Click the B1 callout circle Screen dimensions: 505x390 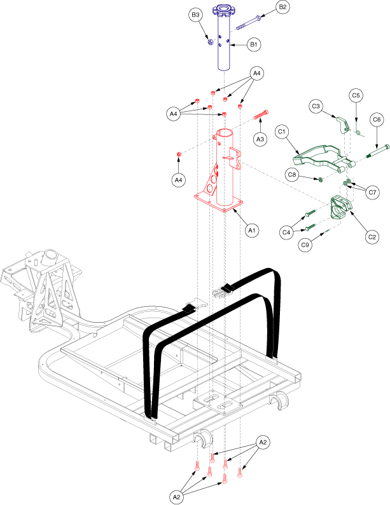[x=253, y=44]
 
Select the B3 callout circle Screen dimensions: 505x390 [x=196, y=14]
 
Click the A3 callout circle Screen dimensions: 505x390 [x=259, y=138]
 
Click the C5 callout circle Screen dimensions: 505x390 [x=356, y=96]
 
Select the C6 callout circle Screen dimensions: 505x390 [x=377, y=119]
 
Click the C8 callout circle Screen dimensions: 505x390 [x=292, y=173]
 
